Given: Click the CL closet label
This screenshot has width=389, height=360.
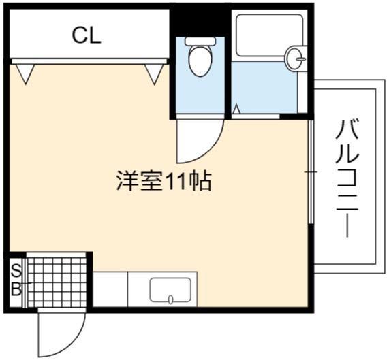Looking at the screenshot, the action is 87,36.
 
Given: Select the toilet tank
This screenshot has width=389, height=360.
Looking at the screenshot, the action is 200,41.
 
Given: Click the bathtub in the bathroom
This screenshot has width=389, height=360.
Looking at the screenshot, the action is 270,35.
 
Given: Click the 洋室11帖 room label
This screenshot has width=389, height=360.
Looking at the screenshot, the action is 164,181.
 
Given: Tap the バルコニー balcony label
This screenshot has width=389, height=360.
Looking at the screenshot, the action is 347,178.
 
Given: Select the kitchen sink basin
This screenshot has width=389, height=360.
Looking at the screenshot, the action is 170,290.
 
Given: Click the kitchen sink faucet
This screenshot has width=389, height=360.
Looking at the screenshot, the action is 171,299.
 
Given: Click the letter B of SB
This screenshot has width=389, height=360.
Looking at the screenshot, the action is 16,289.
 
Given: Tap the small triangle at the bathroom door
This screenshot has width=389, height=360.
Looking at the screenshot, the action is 237,109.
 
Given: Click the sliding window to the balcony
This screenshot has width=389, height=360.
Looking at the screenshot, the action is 311,171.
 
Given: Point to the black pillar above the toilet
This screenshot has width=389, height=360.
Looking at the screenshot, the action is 200,22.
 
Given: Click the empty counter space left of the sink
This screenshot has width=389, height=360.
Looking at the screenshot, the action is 110,289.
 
